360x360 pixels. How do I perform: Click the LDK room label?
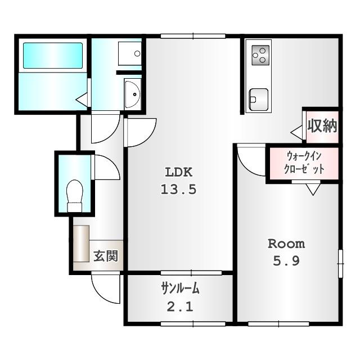pos(179,172)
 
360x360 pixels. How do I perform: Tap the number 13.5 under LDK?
pos(179,190)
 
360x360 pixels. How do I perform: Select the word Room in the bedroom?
pos(286,244)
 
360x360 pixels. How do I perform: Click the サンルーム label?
pos(180,289)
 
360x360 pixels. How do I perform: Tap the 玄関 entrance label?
pos(105,256)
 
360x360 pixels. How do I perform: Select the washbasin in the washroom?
pos(132,94)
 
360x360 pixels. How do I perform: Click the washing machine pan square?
pos(130,53)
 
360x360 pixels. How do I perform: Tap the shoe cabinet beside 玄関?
pos(81,243)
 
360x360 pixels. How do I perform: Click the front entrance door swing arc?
pos(107,288)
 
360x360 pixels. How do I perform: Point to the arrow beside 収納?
pos(296,133)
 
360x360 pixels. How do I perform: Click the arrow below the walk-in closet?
pos(313,190)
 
